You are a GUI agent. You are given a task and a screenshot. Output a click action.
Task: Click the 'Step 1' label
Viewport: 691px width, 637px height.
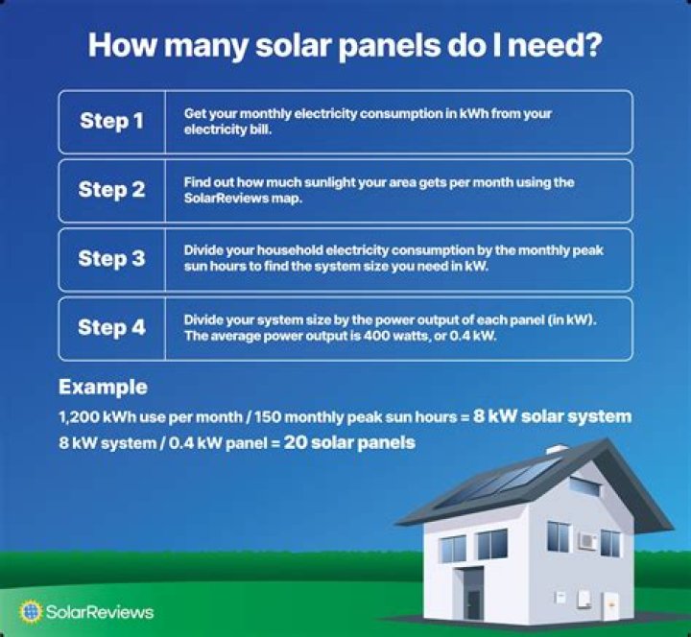(x=111, y=122)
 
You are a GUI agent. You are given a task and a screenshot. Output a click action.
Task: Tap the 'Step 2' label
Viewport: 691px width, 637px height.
(x=111, y=190)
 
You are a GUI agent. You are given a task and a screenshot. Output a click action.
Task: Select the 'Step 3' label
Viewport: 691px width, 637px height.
(x=111, y=258)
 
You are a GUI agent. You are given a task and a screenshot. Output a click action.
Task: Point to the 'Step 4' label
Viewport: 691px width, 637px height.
(x=111, y=327)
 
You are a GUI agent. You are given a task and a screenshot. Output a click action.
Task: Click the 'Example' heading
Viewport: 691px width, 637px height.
(x=103, y=388)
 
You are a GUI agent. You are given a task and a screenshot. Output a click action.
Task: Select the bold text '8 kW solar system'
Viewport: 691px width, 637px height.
(x=553, y=417)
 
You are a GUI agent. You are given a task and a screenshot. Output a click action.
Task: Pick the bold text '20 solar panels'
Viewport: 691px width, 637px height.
(x=349, y=442)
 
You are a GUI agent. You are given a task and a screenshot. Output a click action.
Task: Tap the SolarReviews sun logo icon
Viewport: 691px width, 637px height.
(x=31, y=611)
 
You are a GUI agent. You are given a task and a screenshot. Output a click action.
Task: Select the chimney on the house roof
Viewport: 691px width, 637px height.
(x=557, y=449)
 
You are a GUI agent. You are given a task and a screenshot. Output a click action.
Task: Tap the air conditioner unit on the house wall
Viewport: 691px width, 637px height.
(x=586, y=541)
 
